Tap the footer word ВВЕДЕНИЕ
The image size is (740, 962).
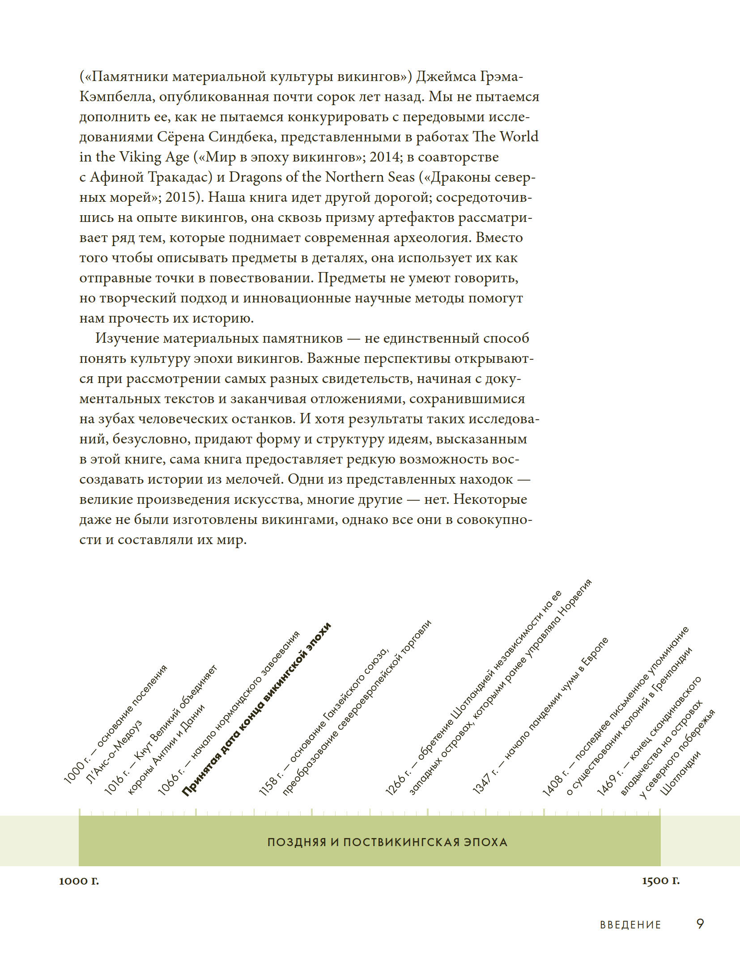[630, 925]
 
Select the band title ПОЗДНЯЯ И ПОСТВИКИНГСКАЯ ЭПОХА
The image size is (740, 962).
[387, 842]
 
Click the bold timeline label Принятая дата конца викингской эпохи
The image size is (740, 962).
[257, 709]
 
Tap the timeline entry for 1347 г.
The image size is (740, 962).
[540, 715]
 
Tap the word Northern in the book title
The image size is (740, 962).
[354, 177]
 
